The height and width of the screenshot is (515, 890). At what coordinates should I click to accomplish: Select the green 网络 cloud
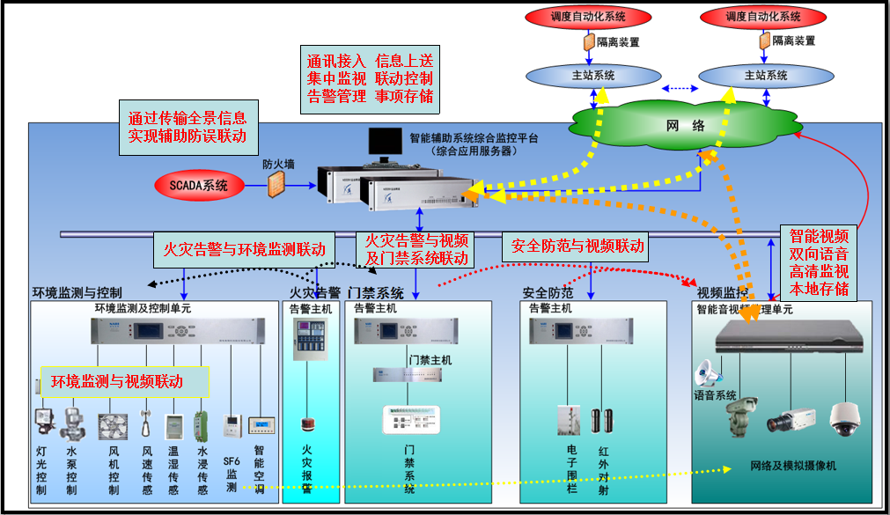pyautogui.click(x=687, y=126)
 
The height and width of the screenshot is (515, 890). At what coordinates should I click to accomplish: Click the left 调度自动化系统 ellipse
pyautogui.click(x=588, y=16)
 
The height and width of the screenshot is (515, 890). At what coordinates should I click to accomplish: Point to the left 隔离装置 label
pyautogui.click(x=618, y=41)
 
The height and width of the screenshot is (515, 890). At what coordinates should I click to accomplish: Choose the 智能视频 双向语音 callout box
pyautogui.click(x=819, y=262)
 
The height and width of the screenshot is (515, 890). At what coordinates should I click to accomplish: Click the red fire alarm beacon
pyautogui.click(x=307, y=425)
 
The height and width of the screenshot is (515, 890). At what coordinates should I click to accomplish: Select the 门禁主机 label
pyautogui.click(x=430, y=360)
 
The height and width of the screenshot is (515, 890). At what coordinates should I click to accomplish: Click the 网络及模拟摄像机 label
pyautogui.click(x=793, y=465)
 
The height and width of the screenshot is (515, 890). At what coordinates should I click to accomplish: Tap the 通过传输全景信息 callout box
pyautogui.click(x=188, y=126)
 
